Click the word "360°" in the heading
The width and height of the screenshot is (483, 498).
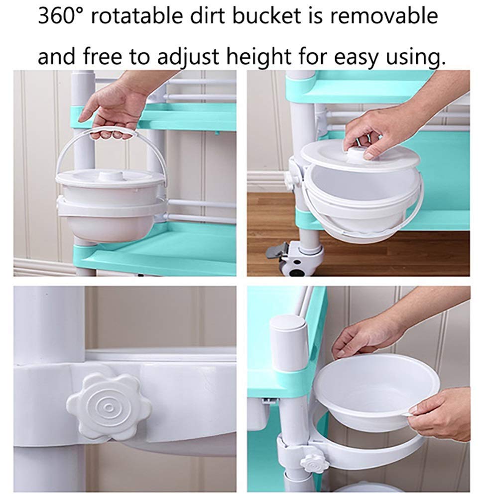coord(60,16)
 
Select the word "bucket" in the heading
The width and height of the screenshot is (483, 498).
coord(267,16)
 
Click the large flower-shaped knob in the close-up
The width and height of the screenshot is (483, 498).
coord(109,406)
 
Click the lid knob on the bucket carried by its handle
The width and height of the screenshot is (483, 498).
coord(111,176)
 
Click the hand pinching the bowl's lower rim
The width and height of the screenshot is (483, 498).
coord(440,413)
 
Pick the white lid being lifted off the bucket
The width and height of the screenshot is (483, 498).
coord(360,156)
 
